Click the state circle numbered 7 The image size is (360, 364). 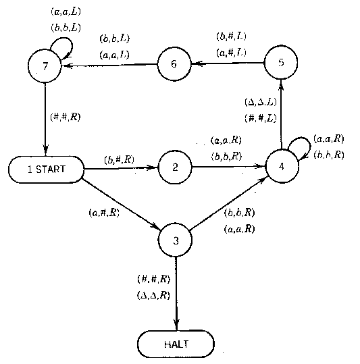click(x=45, y=66)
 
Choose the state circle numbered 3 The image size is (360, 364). click(x=176, y=239)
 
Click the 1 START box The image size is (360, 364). click(x=47, y=169)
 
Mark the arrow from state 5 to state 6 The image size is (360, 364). click(x=228, y=63)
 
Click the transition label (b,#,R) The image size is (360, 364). click(x=119, y=159)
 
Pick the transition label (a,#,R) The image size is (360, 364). click(x=104, y=213)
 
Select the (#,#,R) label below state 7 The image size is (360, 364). click(x=66, y=116)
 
